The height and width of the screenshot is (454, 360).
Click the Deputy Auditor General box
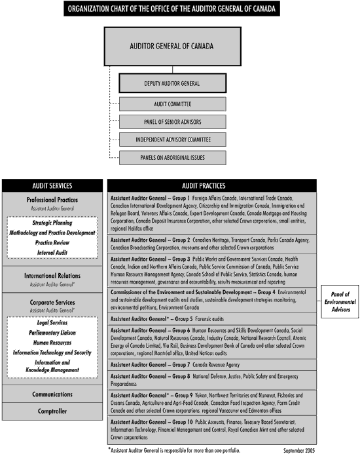coord(173,83)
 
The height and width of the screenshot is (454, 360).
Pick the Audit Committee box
coord(173,104)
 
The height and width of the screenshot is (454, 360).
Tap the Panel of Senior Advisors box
coord(173,122)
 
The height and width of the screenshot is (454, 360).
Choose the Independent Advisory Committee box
coord(173,140)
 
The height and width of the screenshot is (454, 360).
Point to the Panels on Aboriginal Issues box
coord(173,157)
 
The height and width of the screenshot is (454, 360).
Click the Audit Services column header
coord(52,185)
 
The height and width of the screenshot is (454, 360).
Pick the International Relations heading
coord(52,276)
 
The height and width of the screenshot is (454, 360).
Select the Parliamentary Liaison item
coord(52,332)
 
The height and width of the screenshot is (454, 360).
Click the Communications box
coord(52,394)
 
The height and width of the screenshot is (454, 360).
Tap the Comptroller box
coord(52,411)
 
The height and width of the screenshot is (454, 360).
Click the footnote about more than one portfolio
coord(173,449)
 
